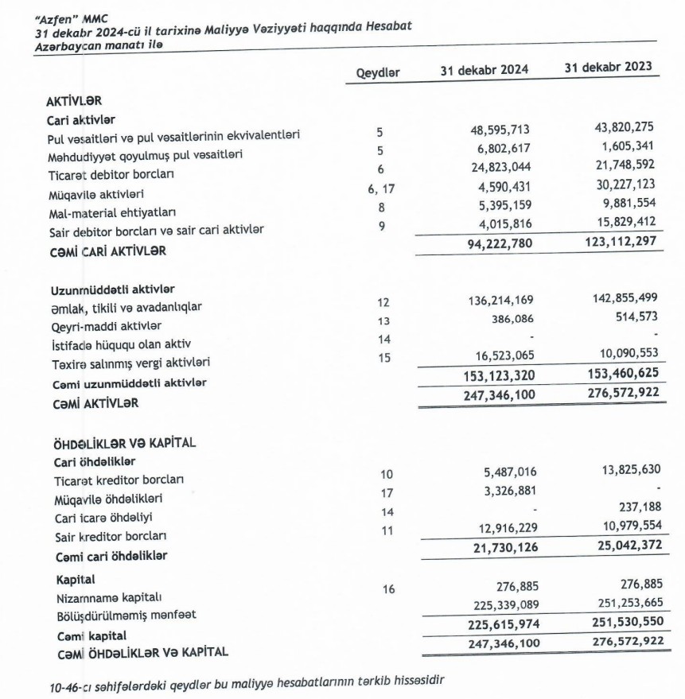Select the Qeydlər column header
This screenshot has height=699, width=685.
point(378,72)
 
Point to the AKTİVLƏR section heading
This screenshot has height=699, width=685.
point(76,102)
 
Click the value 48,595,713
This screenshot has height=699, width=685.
point(499,130)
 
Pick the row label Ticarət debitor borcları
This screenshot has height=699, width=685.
point(111,173)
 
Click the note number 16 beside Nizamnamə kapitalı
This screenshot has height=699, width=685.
point(388,589)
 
